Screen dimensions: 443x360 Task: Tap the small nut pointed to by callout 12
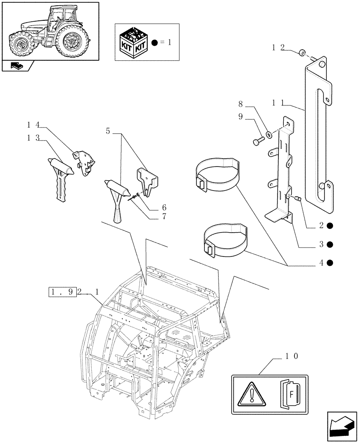302,54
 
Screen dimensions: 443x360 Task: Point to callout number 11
280,103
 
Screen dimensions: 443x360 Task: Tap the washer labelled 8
269,133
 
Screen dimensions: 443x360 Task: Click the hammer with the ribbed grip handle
60,177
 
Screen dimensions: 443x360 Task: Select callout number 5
108,131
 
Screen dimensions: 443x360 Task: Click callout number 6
152,207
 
